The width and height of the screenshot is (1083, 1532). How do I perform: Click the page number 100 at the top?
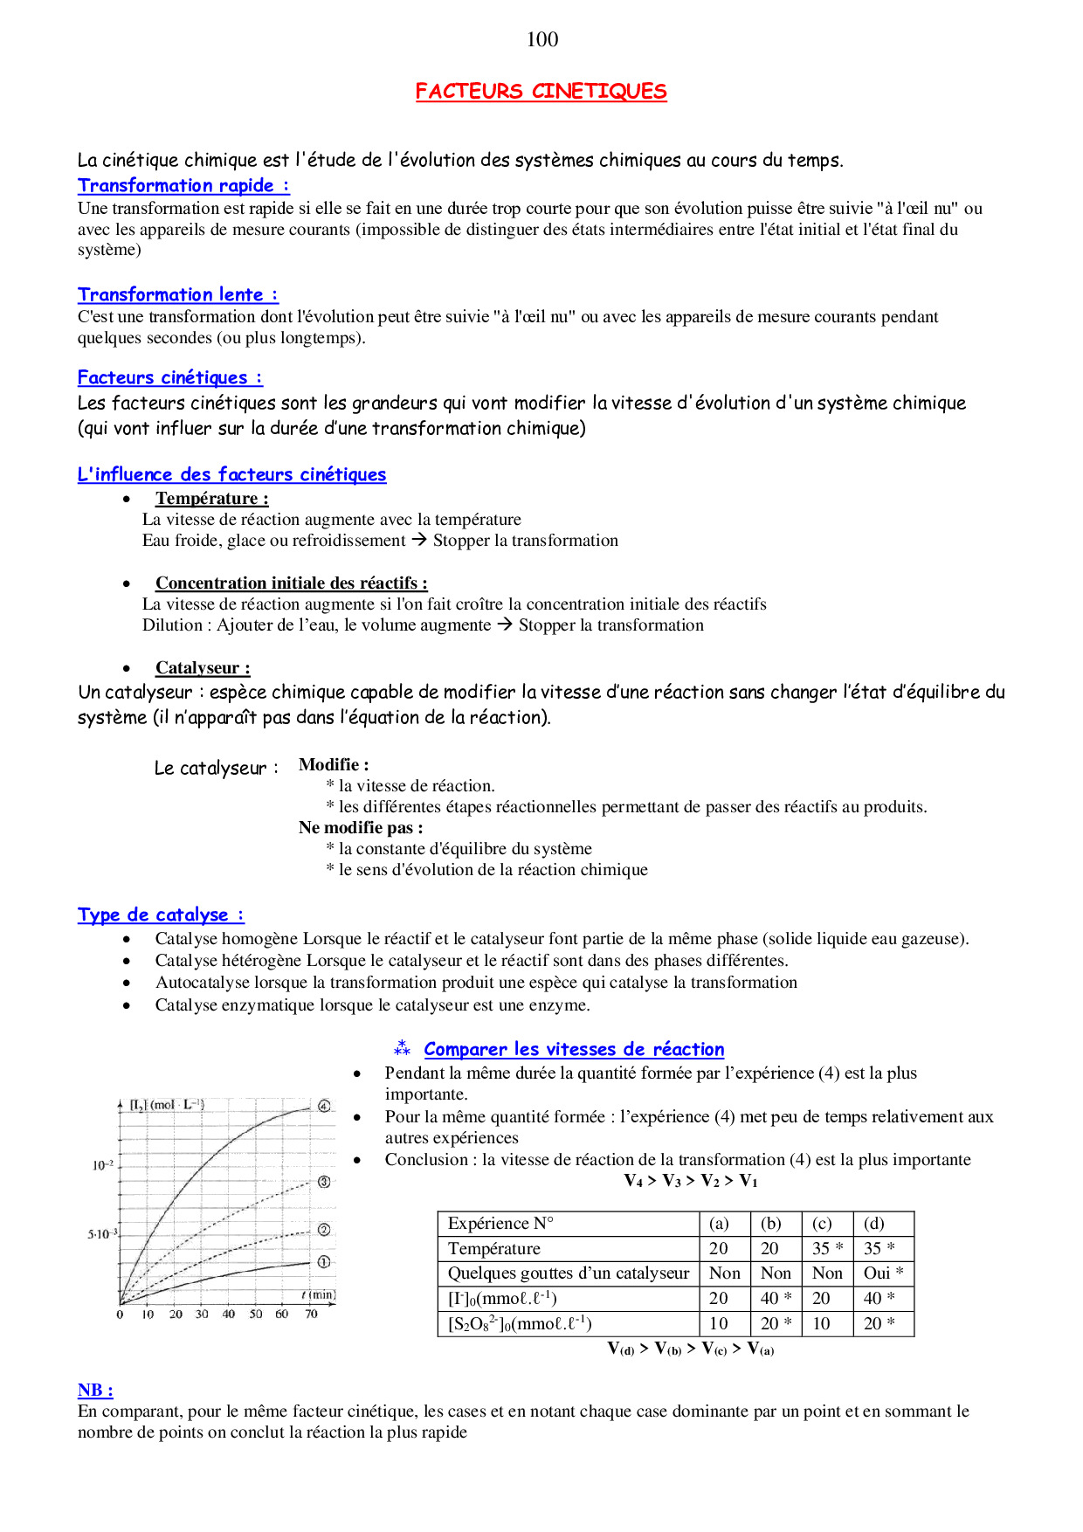(542, 39)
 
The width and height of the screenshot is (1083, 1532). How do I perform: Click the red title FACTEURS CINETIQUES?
(541, 92)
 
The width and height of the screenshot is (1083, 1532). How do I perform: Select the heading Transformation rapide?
(183, 185)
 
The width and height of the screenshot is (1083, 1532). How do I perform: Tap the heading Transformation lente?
(177, 294)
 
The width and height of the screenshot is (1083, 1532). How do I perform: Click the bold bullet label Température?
(211, 499)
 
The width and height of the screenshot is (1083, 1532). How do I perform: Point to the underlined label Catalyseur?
(203, 668)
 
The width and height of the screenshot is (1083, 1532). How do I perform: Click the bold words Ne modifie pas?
(360, 827)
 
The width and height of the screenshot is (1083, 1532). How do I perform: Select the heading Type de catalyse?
(161, 914)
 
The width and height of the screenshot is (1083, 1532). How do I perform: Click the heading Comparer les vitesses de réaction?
(574, 1049)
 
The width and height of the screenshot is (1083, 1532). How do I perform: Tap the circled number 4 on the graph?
(324, 1106)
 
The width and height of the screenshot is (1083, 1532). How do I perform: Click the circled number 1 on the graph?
(324, 1262)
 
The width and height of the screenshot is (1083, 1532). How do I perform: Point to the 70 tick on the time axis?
(311, 1315)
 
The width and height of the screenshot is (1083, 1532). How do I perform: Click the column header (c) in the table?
(822, 1224)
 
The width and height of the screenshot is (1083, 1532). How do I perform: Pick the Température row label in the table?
(494, 1249)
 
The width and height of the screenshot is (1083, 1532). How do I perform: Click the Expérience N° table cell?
(500, 1224)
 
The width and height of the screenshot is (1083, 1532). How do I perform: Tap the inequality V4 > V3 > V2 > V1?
(691, 1181)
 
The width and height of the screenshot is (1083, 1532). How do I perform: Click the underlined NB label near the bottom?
(94, 1391)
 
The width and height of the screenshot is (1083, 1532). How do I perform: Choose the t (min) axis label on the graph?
(319, 1295)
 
